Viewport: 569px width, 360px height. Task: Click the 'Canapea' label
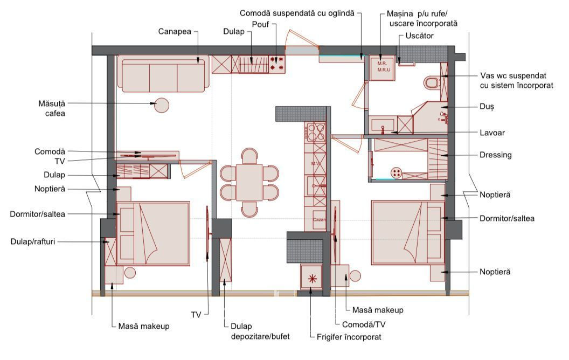(x=175, y=32)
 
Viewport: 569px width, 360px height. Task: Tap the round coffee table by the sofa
(x=162, y=105)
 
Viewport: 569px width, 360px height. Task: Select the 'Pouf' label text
(x=261, y=24)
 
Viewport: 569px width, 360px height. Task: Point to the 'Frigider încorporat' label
(x=349, y=337)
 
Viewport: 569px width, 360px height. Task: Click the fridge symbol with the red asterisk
(x=312, y=278)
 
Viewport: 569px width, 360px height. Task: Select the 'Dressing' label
(x=496, y=155)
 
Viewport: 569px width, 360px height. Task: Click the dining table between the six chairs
(x=249, y=182)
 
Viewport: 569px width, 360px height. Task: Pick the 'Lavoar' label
(x=492, y=133)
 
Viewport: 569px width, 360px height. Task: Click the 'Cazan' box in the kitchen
(x=319, y=219)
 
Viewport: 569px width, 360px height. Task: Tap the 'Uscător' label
(x=420, y=36)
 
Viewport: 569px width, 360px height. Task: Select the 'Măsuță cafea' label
(x=52, y=108)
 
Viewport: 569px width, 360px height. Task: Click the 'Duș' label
(x=487, y=107)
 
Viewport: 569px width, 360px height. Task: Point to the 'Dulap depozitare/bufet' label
(x=260, y=331)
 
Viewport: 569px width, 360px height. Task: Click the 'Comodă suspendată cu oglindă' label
(x=297, y=13)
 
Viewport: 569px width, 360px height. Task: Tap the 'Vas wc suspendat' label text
(x=513, y=76)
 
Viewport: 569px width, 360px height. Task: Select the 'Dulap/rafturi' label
(x=33, y=241)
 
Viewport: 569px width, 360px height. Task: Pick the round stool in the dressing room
(x=397, y=173)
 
